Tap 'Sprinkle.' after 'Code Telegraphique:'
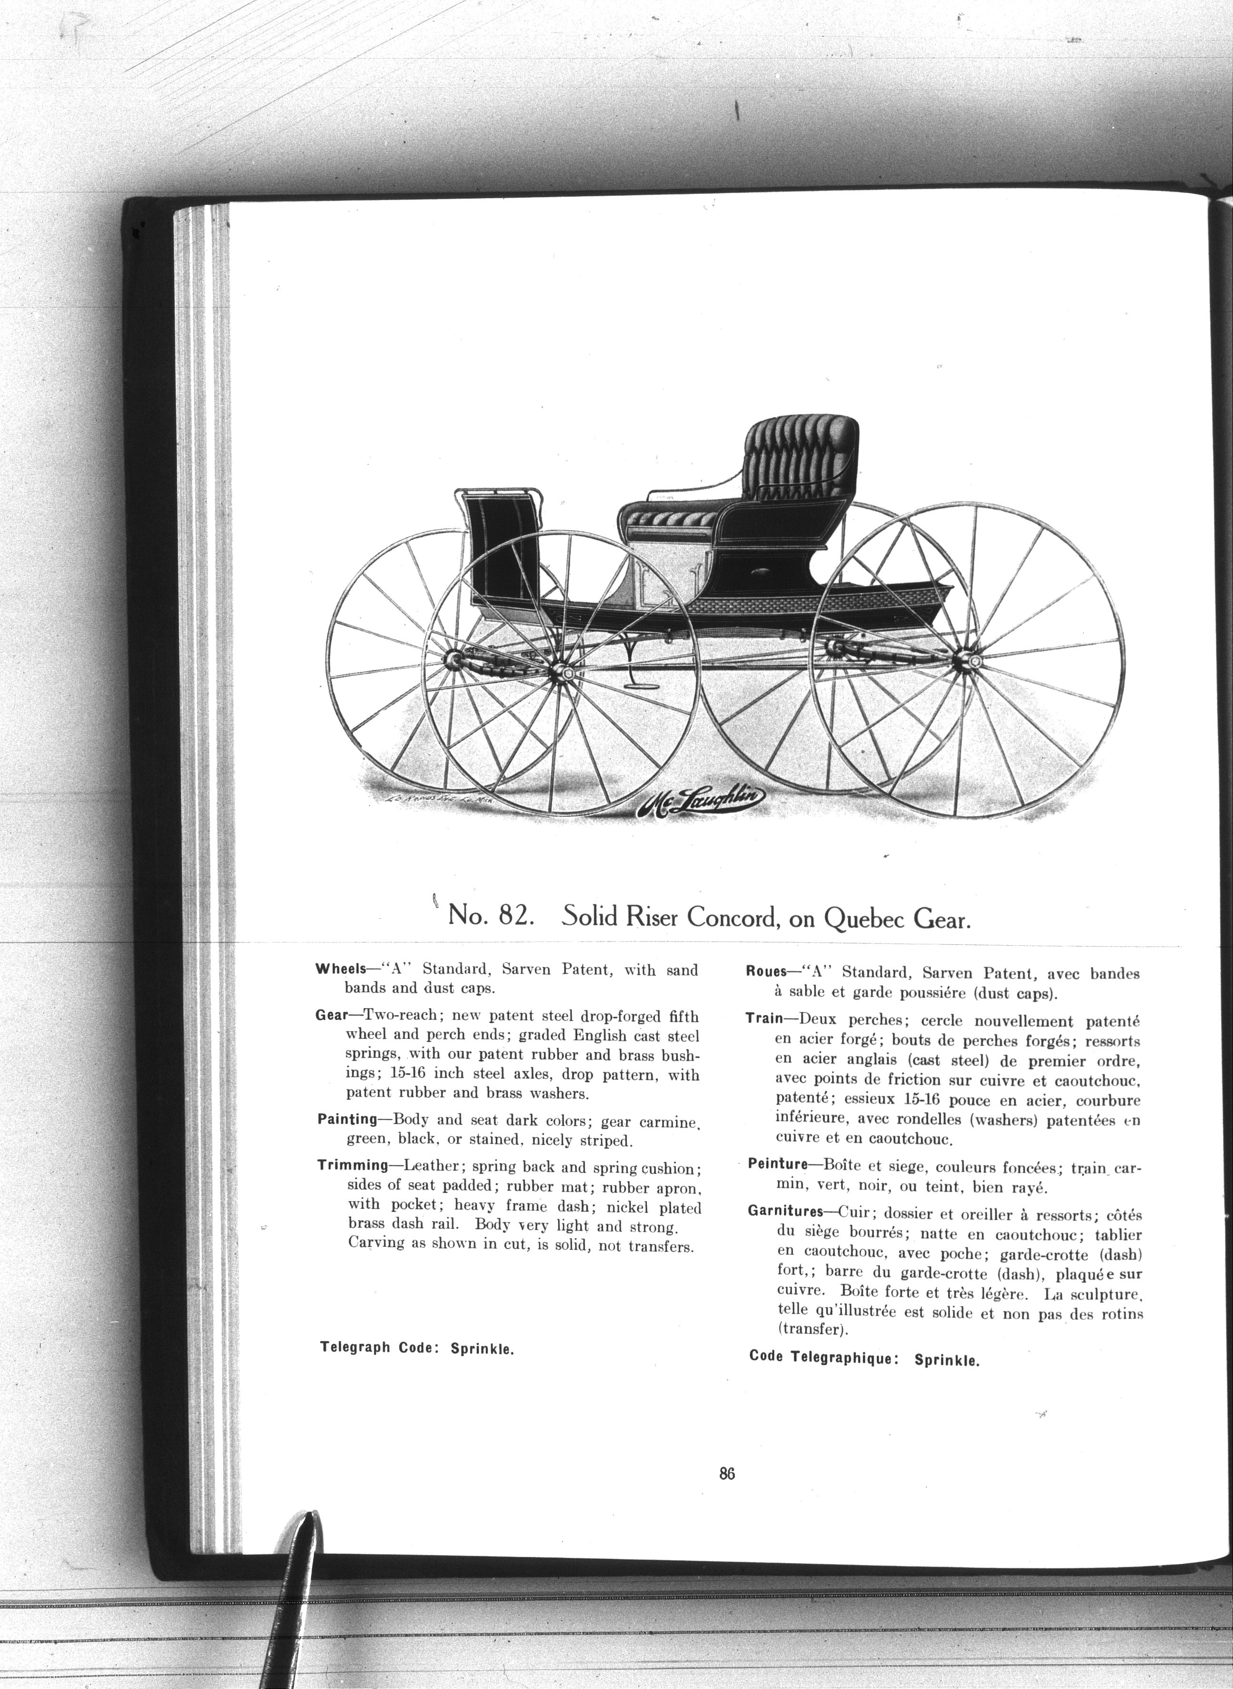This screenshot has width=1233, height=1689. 947,1359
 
